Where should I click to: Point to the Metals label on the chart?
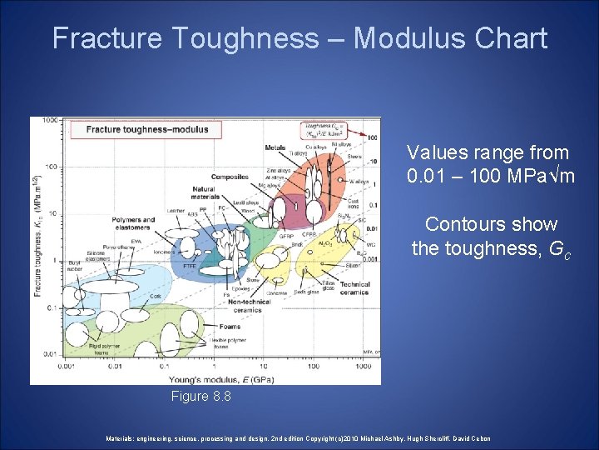pyautogui.click(x=275, y=148)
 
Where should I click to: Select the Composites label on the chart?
pyautogui.click(x=230, y=177)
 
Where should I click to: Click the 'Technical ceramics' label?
pyautogui.click(x=355, y=288)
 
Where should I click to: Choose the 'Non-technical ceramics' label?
pyautogui.click(x=245, y=305)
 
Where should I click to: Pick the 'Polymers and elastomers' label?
pyautogui.click(x=132, y=223)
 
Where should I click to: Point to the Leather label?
pyautogui.click(x=176, y=210)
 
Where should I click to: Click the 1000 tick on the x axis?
pyautogui.click(x=363, y=365)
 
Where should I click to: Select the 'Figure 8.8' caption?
pyautogui.click(x=200, y=397)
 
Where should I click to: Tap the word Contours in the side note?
pyautogui.click(x=455, y=224)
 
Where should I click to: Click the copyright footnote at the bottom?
pyautogui.click(x=298, y=438)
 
